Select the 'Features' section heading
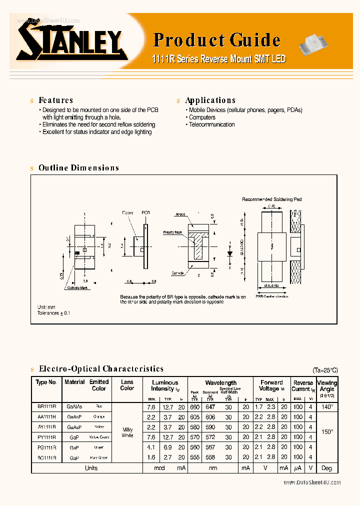tap(55, 100)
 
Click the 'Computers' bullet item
tap(202, 117)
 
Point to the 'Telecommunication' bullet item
tap(211, 124)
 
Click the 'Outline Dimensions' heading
tap(78, 168)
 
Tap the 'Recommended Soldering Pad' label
tap(271, 199)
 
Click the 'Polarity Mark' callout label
tap(172, 233)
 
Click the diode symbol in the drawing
tap(229, 253)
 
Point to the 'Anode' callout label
tap(180, 214)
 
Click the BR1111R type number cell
tap(46, 406)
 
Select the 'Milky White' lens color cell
tap(127, 432)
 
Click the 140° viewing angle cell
tap(327, 407)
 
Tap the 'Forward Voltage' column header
tap(271, 385)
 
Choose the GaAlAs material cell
tap(74, 406)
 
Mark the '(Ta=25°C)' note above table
tap(325, 370)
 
